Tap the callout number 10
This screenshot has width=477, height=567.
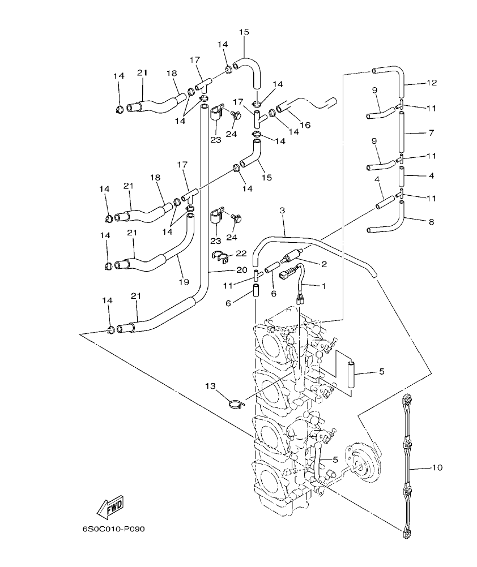437,467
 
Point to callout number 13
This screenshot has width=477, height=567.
210,386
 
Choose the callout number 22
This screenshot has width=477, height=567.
241,253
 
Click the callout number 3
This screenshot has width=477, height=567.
282,210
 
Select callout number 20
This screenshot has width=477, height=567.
242,269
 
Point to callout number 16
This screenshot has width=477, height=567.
305,124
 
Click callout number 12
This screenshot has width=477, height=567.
432,83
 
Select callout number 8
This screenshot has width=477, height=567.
432,222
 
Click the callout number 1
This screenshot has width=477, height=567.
324,286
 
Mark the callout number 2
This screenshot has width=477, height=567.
324,263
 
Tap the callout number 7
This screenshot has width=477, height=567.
432,133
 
